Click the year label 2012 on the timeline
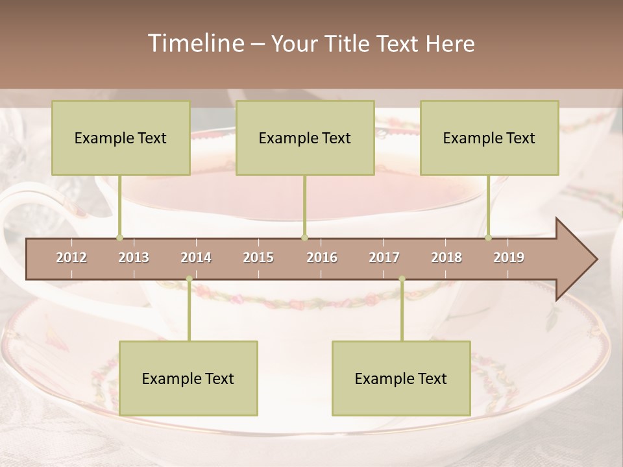point(71,257)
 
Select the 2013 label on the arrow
point(134,257)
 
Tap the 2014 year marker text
point(196,257)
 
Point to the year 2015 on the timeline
point(258,257)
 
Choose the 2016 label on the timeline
point(322,257)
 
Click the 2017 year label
point(384,257)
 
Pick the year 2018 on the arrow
point(446,257)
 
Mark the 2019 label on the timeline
point(509,257)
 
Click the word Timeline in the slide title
point(195,43)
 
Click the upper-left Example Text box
point(121,138)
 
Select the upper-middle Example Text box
point(305,138)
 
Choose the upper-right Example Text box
point(489,138)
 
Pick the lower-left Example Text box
point(188,378)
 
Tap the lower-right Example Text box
point(401,378)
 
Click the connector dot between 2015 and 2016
point(304,237)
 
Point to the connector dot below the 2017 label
point(402,279)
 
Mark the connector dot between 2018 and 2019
point(488,237)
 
